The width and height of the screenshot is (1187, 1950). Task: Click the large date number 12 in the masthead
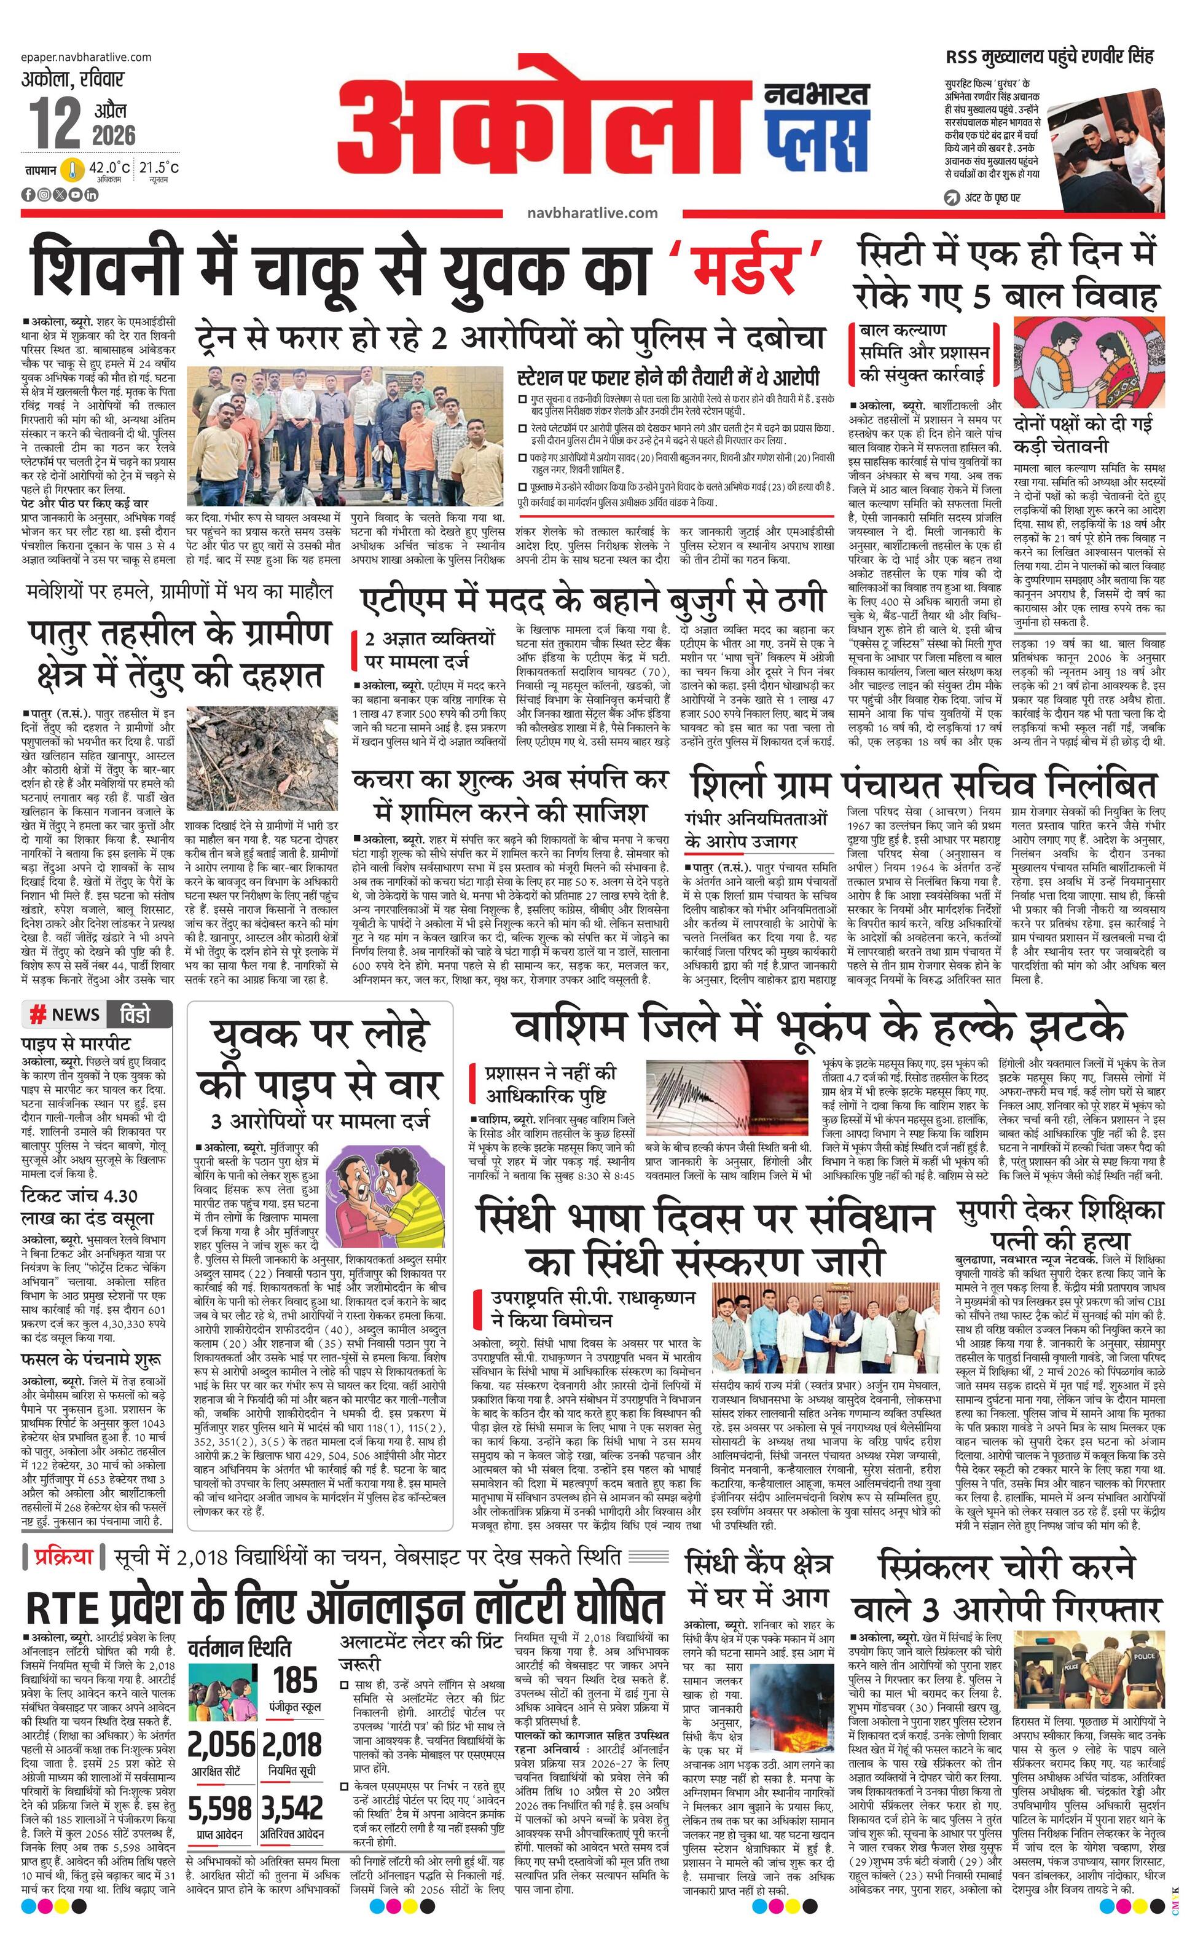click(55, 123)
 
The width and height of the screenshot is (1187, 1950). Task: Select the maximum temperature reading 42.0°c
click(108, 168)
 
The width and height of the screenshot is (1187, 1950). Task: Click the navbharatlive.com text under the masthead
click(592, 212)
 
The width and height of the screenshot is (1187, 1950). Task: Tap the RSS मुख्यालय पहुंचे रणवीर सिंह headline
click(1049, 57)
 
